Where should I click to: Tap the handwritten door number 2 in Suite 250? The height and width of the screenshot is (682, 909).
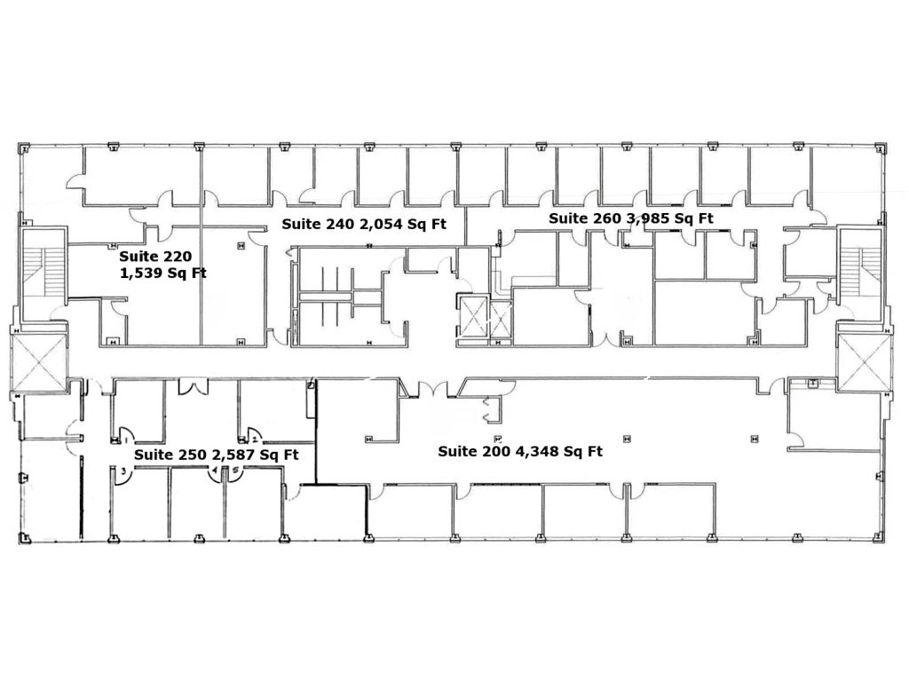[255, 440]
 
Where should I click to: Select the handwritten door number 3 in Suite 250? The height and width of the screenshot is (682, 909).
[123, 472]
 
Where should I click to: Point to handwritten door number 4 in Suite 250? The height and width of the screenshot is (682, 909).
[215, 471]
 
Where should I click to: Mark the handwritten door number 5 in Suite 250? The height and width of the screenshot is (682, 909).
[235, 471]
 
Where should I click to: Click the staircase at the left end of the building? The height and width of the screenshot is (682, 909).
[45, 274]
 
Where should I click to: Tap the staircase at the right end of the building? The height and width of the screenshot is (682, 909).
[860, 266]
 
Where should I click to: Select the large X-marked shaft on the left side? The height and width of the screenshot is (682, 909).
[39, 362]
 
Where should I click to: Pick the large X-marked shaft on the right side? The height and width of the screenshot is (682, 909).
[864, 362]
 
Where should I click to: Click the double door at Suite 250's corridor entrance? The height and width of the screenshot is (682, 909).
[193, 386]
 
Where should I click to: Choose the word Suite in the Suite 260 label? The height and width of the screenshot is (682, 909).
[567, 218]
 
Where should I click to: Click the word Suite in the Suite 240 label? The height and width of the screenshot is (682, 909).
[301, 225]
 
